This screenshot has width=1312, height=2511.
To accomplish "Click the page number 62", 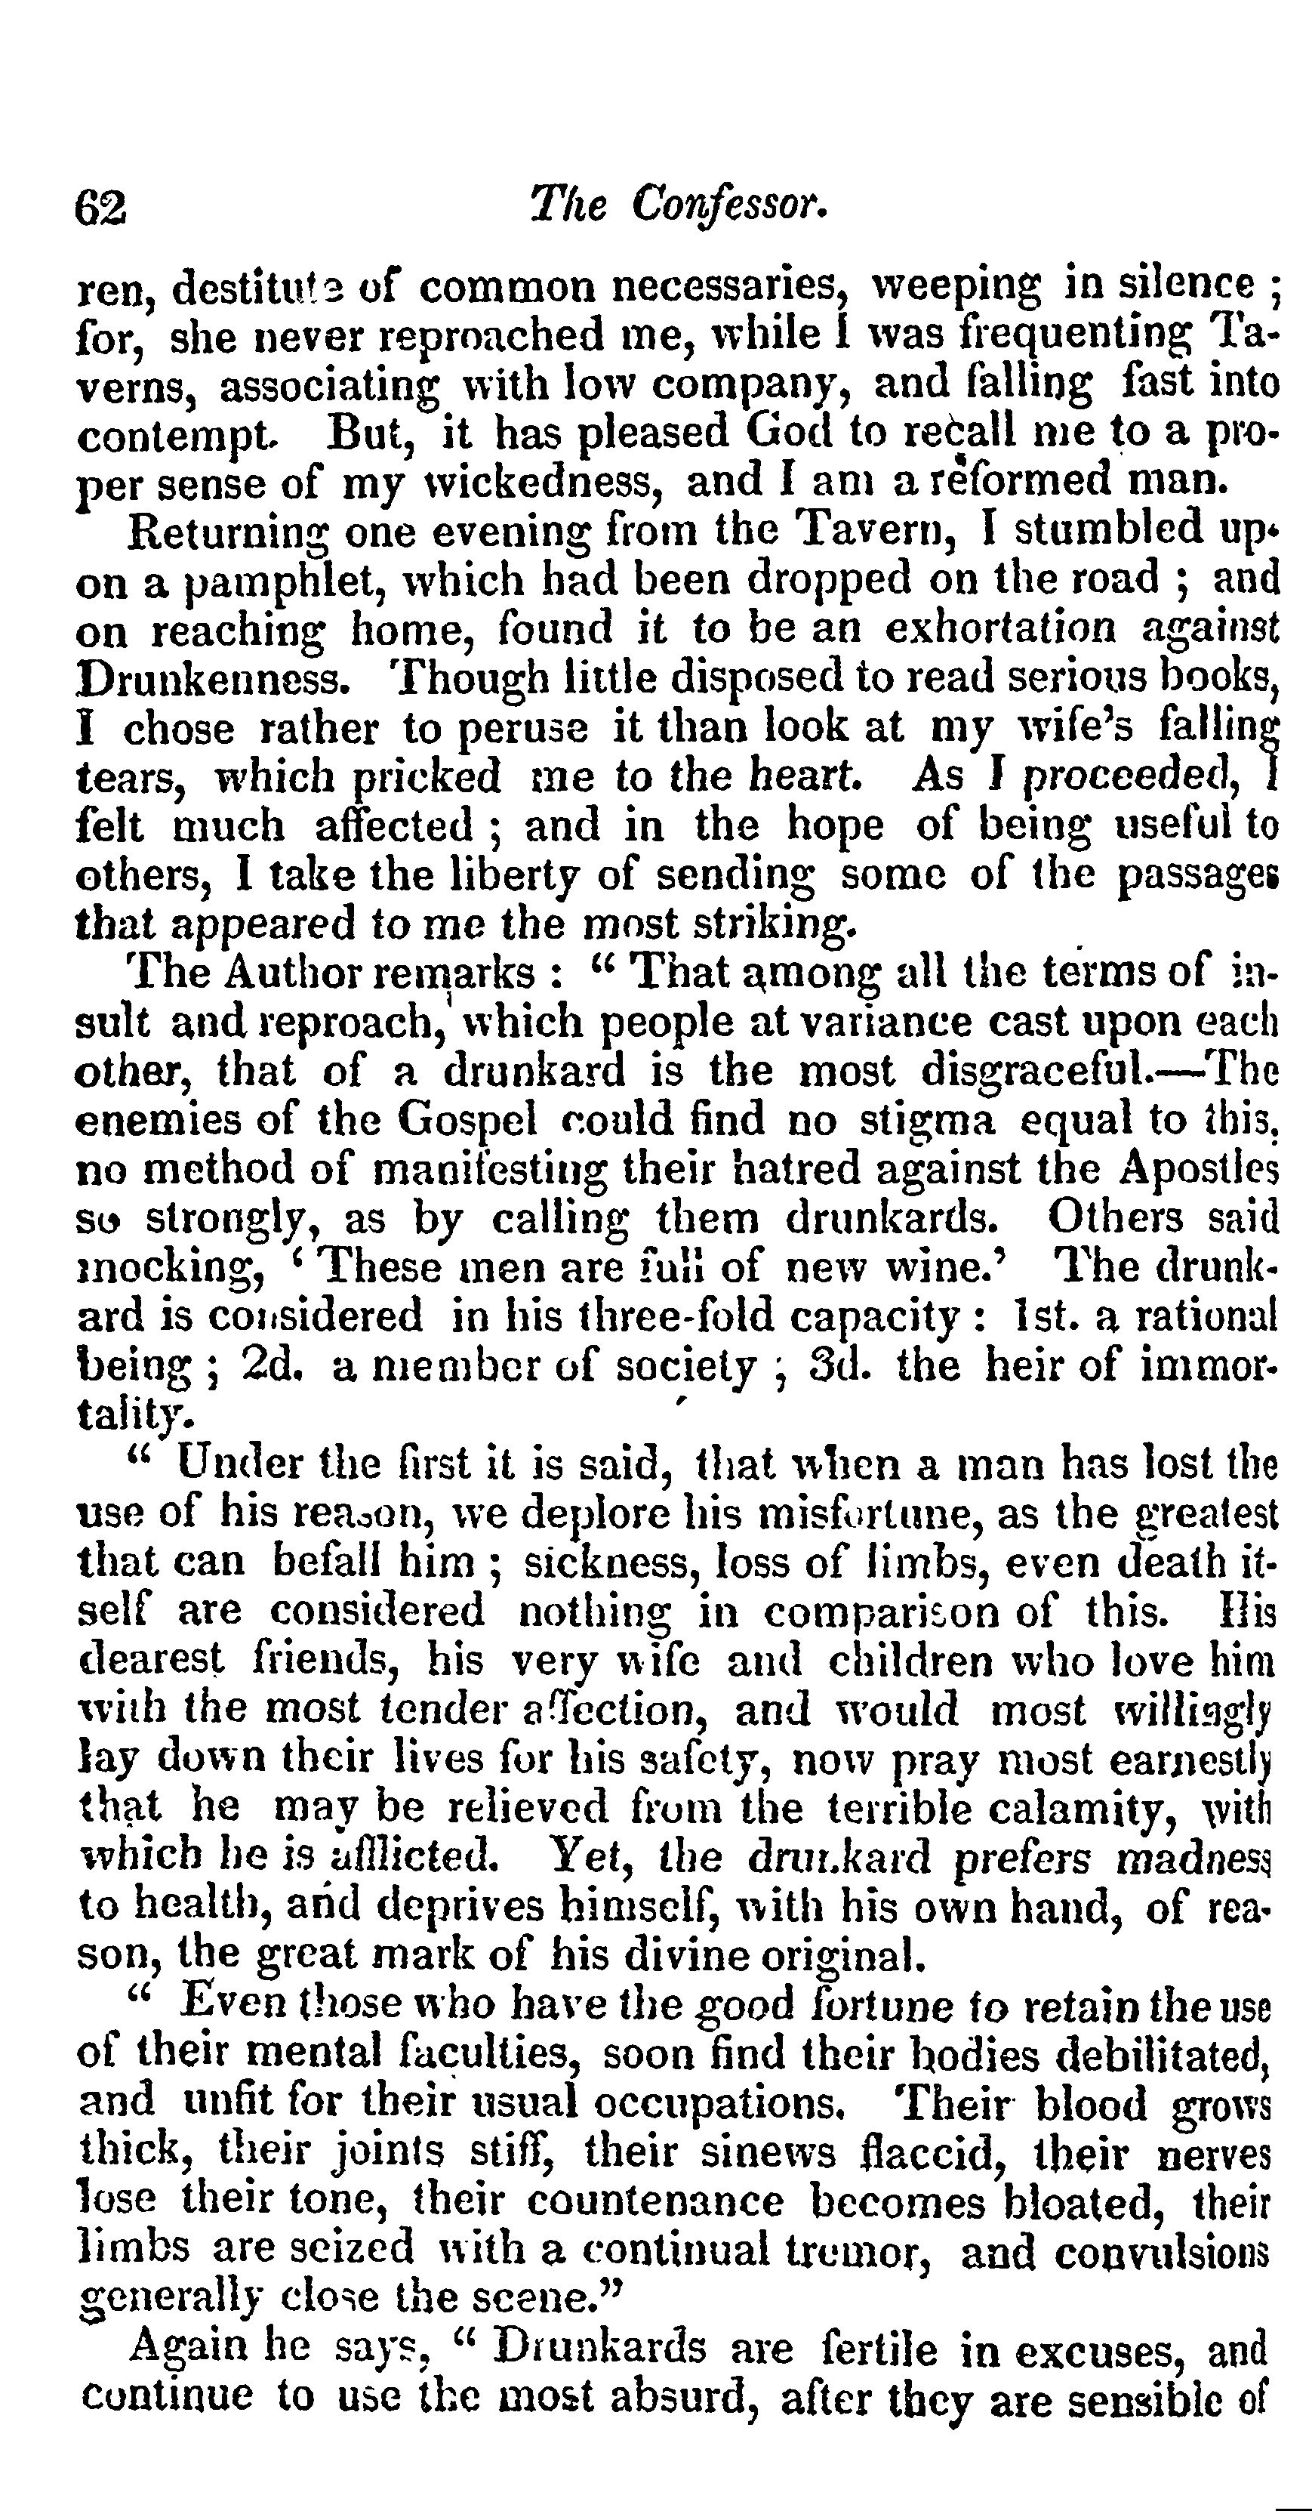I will click(100, 208).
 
